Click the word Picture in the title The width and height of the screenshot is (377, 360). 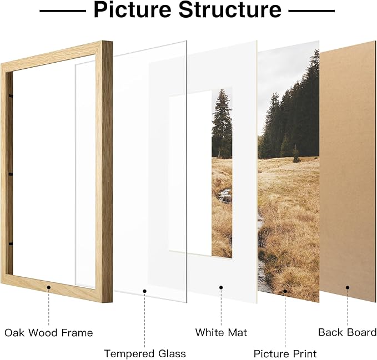click(x=134, y=11)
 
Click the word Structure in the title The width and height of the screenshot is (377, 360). click(x=234, y=11)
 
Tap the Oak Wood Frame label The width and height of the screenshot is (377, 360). click(x=49, y=333)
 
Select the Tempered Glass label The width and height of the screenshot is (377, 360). click(x=145, y=353)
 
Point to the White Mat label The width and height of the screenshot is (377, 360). click(x=221, y=333)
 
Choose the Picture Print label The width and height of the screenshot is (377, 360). click(x=285, y=353)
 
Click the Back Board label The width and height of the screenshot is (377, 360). click(x=347, y=333)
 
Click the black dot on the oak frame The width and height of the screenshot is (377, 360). click(x=49, y=287)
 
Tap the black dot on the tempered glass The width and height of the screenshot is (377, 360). click(x=145, y=290)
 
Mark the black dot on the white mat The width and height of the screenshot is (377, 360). click(x=221, y=287)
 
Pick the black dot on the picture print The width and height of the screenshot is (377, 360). click(x=285, y=290)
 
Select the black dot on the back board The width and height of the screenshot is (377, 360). click(x=348, y=287)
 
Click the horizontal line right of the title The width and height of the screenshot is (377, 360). click(x=312, y=11)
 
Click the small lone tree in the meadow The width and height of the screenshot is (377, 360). click(x=296, y=154)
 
